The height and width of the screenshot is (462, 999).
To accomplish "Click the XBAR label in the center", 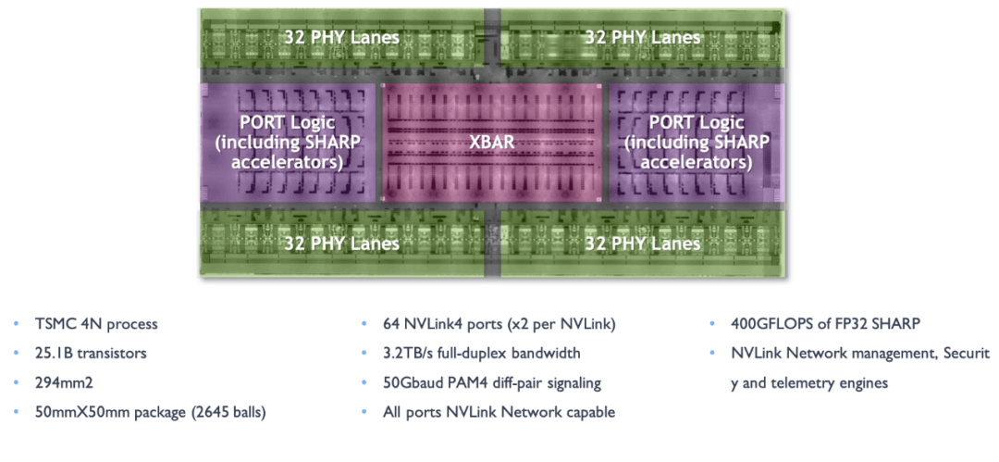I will tap(491, 144).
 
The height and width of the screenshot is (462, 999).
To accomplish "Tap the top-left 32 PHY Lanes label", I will tap(342, 38).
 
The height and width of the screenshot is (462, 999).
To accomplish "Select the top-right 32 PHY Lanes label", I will tap(643, 38).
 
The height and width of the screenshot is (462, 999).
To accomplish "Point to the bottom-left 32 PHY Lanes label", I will tap(342, 243).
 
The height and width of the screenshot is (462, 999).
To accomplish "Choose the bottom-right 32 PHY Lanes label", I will tap(643, 243).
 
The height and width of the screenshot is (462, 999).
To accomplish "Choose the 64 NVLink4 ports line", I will tap(499, 324).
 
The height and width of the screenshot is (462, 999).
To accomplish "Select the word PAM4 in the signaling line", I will tap(471, 383).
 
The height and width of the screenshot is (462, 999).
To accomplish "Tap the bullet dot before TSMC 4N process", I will tap(15, 325).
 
